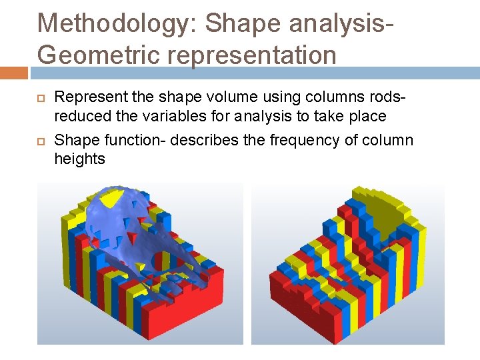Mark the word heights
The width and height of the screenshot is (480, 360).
pos(79,159)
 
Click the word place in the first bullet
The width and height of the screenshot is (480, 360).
pos(368,116)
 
